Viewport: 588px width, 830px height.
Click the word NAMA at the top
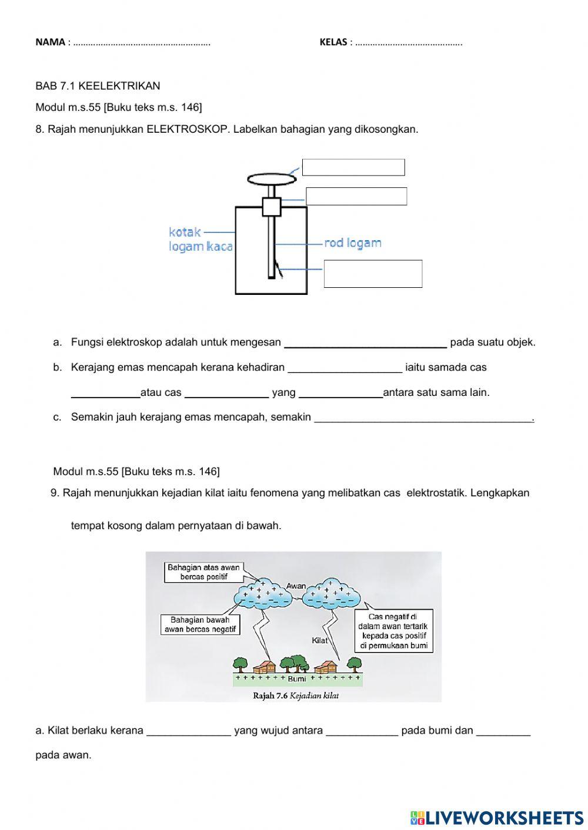(50, 42)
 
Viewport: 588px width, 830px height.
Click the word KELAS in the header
(333, 42)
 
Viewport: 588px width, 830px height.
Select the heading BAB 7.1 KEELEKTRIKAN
(98, 86)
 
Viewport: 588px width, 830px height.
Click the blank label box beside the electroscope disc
(353, 167)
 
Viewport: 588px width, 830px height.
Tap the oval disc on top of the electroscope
(272, 178)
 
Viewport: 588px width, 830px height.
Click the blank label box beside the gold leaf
(373, 274)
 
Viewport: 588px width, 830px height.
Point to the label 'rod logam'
(353, 243)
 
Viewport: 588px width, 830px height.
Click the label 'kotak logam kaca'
(200, 239)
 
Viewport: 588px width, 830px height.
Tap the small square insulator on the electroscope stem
(272, 207)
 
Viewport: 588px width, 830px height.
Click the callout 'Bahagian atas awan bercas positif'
(203, 572)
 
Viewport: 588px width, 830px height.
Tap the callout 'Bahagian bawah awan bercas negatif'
(200, 624)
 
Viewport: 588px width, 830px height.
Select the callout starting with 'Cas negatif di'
(394, 631)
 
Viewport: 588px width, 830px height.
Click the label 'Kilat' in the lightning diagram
(319, 640)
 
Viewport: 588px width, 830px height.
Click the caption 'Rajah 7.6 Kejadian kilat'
(296, 695)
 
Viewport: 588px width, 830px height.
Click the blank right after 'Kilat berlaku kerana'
(188, 731)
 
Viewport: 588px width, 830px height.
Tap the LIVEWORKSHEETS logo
(496, 817)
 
